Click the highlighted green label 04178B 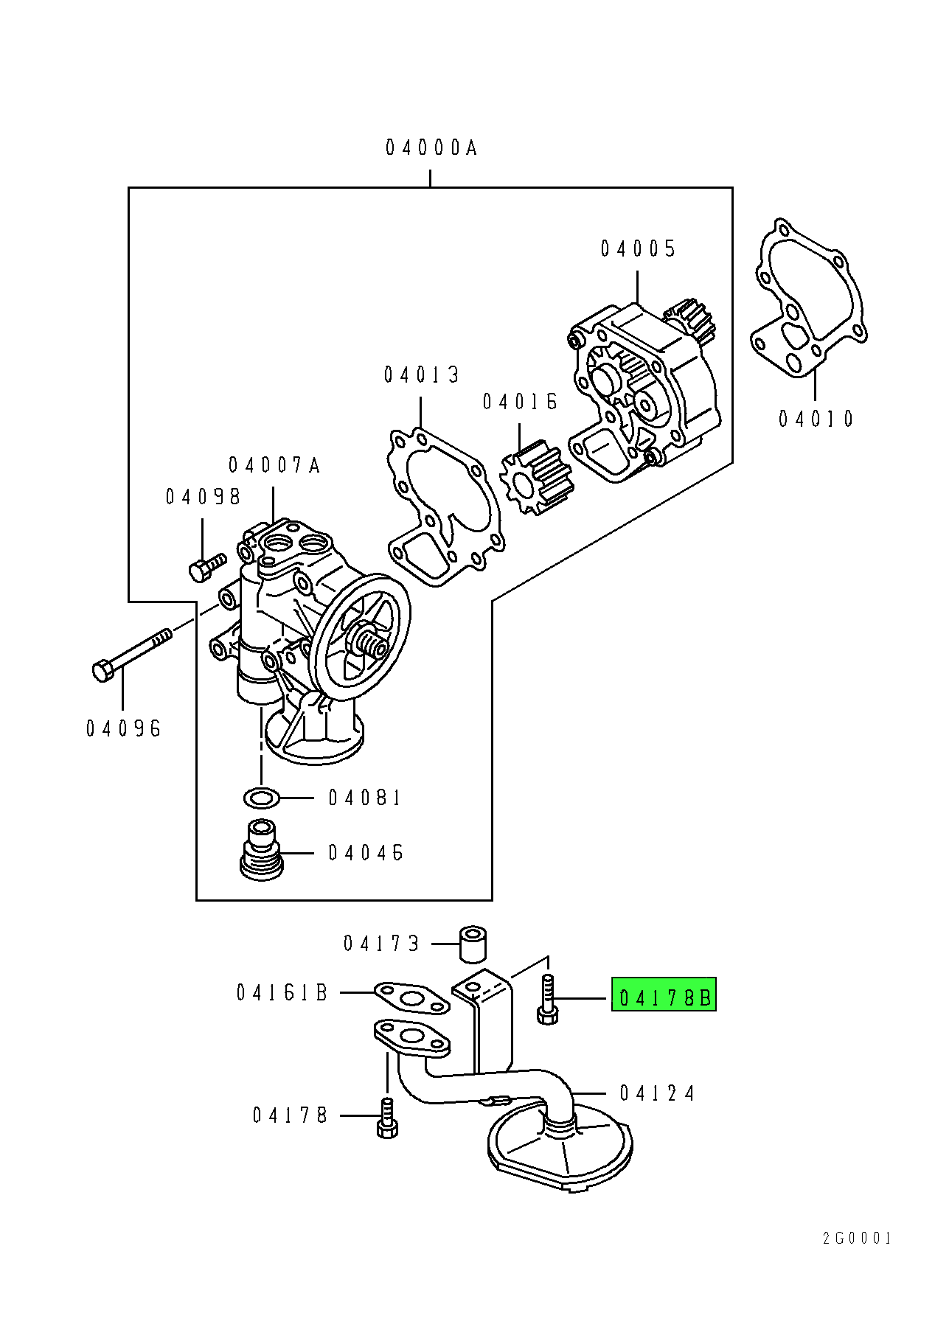(x=664, y=997)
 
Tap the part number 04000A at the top (x=431, y=148)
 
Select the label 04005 (x=638, y=248)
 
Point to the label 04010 (x=816, y=419)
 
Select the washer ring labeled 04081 (x=261, y=797)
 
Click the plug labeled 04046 (x=262, y=850)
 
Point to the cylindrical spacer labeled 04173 (x=473, y=944)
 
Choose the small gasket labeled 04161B (x=412, y=999)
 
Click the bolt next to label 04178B (x=546, y=999)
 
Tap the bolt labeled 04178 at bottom (x=387, y=1118)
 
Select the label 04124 (x=657, y=1093)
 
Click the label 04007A (x=274, y=465)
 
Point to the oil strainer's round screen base (x=560, y=1152)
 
